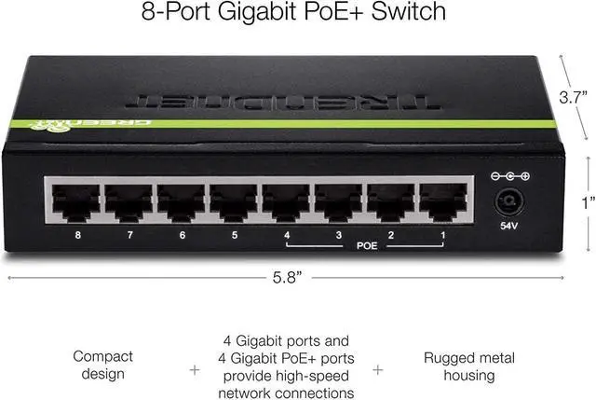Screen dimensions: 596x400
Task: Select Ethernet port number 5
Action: [x=234, y=201]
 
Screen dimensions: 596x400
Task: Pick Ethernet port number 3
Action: [x=339, y=201]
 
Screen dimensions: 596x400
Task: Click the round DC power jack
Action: [x=508, y=200]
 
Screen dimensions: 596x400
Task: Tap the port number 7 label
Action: [x=130, y=236]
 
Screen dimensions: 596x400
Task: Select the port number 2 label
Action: [x=391, y=236]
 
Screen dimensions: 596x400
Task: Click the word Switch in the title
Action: [x=408, y=13]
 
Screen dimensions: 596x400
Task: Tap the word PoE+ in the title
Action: [x=330, y=13]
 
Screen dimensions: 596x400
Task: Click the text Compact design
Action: [x=102, y=366]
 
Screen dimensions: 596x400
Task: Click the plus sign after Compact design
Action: [x=195, y=369]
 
